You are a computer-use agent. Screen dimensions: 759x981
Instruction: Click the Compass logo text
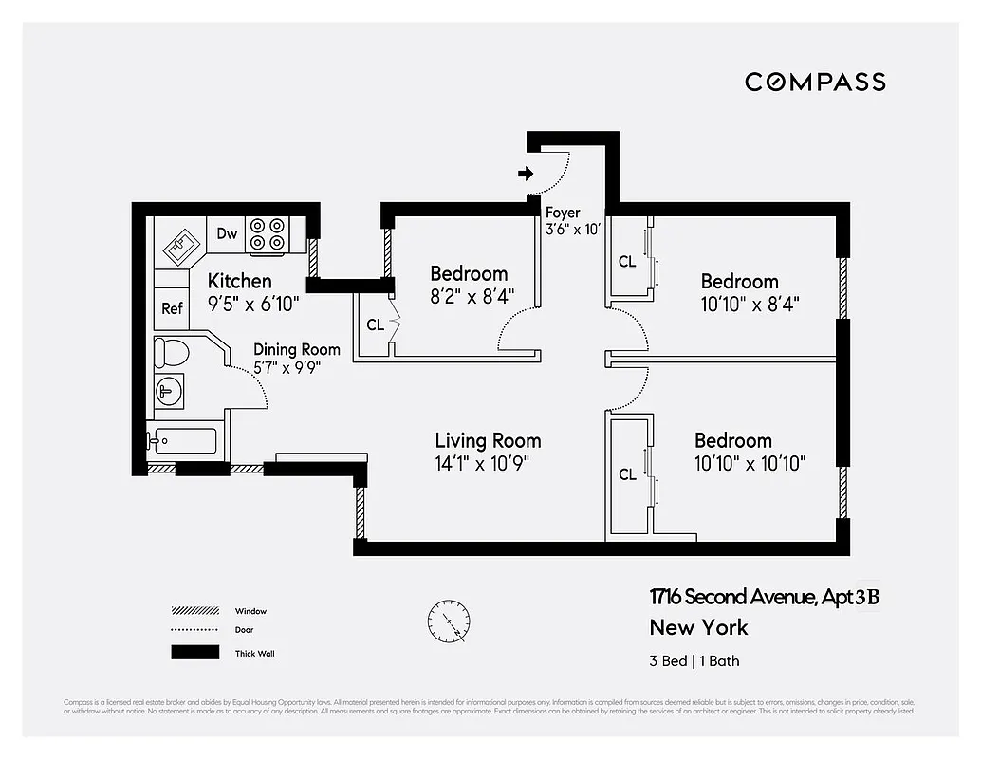pos(815,83)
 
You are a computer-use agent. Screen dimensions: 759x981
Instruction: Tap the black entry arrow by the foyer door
pos(526,174)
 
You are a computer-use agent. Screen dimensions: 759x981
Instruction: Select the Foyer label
pos(563,213)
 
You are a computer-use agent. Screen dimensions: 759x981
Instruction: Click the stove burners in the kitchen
pos(267,234)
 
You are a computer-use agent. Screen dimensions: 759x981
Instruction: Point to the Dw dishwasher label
pos(227,234)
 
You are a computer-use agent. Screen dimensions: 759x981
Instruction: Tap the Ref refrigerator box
pos(172,308)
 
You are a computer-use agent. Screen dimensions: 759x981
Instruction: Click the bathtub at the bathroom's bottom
pos(182,442)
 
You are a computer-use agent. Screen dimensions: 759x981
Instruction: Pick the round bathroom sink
pos(171,390)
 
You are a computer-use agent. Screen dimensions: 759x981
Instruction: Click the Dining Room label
pos(296,350)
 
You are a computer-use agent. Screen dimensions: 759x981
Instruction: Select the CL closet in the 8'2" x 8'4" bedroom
pos(375,324)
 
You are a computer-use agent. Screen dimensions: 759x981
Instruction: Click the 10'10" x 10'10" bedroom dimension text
pos(750,463)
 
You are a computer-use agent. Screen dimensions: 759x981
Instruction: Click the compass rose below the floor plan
pos(448,621)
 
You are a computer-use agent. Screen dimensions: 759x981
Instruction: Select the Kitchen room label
pos(239,281)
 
